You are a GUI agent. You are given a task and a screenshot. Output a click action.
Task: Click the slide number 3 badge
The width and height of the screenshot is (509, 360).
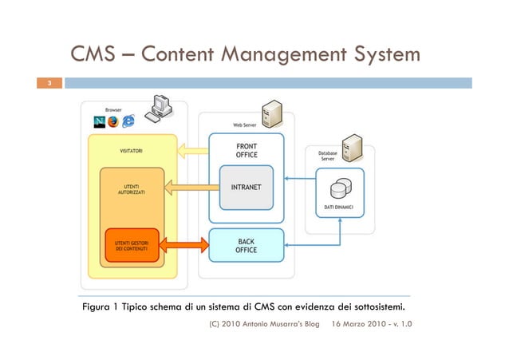tap(49, 83)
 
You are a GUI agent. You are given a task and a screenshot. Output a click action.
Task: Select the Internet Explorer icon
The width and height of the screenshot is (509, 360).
tap(128, 121)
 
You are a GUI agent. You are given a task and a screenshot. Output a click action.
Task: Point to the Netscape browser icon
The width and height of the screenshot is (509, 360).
tap(99, 121)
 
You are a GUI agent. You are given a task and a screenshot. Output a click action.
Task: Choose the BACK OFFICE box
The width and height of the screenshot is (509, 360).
tap(246, 245)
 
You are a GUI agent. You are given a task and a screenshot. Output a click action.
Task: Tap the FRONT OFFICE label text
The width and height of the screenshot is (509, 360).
tap(247, 150)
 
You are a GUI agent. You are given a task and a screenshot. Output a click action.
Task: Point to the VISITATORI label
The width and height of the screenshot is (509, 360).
tap(131, 150)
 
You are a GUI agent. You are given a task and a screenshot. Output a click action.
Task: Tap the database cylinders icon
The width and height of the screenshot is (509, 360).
tap(339, 188)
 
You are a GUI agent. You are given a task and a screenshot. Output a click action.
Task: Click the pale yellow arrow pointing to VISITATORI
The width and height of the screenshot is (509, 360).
tap(191, 149)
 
